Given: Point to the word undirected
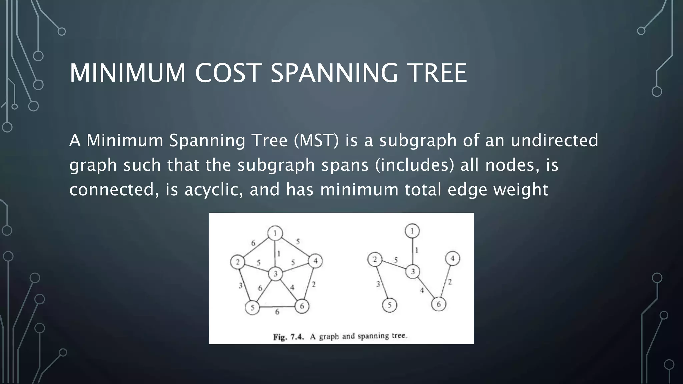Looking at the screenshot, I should coord(554,140).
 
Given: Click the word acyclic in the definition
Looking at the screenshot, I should coord(213,189).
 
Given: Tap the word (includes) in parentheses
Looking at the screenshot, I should coord(414,165).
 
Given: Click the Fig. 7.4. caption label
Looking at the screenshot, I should coord(289,337).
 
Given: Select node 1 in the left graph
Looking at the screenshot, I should coord(275,233).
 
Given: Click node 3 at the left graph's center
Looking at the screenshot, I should coord(276,274).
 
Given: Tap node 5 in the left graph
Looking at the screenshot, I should coord(252,307).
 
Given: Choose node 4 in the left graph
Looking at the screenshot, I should coord(315,261).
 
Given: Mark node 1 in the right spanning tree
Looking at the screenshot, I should coord(412,231).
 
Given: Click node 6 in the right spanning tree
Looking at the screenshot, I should coord(439,304).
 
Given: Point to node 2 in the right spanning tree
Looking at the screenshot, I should coord(375,259).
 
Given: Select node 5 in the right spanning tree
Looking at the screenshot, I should coord(389,305).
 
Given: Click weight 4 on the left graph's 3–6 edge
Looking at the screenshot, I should coord(292,287).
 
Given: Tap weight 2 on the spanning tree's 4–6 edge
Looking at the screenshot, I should coord(450,282).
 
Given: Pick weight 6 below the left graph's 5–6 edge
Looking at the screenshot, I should coord(277,312).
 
